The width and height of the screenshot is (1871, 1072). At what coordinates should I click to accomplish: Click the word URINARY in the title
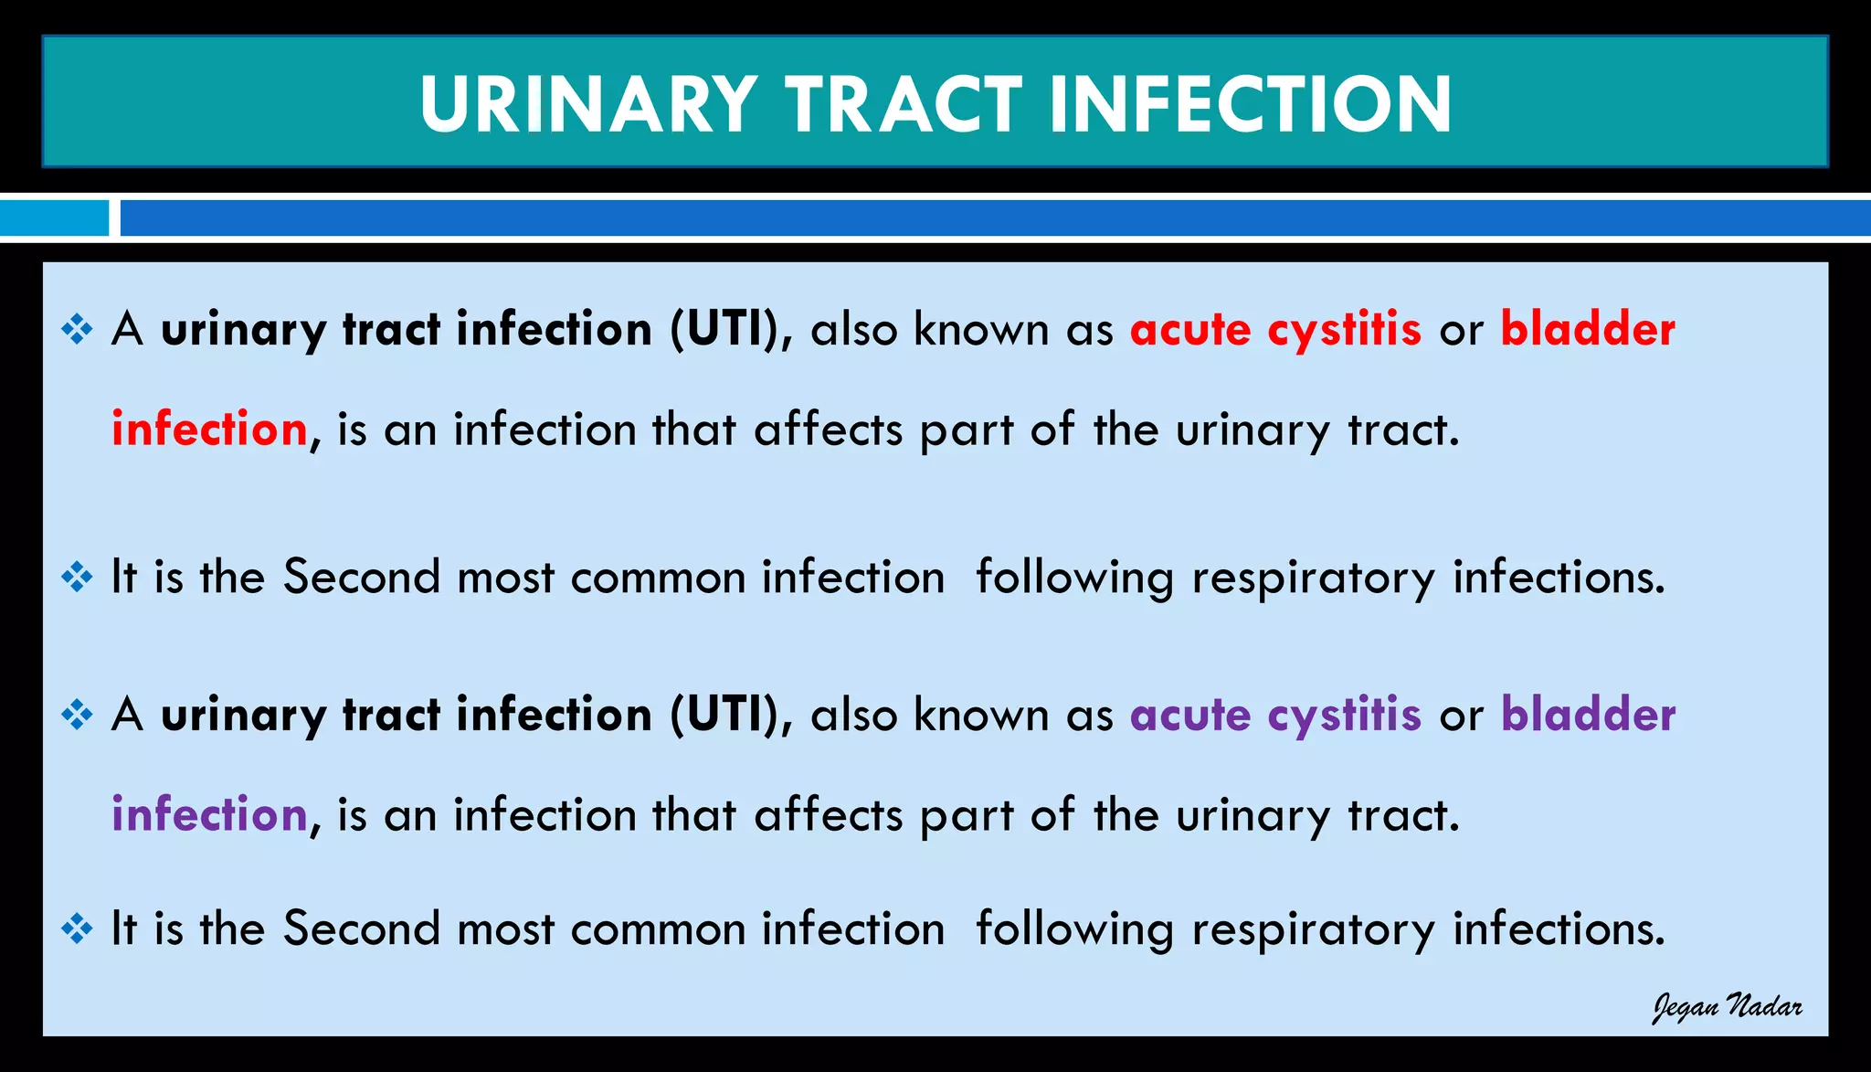pos(587,104)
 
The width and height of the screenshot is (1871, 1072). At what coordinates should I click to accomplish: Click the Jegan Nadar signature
pos(1727,1007)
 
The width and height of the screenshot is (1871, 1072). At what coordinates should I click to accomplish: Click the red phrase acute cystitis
pos(1275,330)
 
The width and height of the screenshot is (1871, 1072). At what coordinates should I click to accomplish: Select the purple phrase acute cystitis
pos(1275,716)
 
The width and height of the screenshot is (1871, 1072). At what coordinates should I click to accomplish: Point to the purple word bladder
pos(1588,714)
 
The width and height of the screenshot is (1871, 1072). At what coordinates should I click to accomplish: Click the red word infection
pos(209,429)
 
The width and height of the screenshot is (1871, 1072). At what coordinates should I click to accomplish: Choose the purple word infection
pos(209,814)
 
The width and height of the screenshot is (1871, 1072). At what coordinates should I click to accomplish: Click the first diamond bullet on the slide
pos(78,329)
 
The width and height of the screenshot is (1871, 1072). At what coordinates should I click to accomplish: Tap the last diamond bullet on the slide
pos(78,929)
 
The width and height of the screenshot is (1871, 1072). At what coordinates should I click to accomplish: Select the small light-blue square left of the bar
pos(54,218)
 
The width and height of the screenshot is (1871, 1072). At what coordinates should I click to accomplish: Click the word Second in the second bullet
pos(362,578)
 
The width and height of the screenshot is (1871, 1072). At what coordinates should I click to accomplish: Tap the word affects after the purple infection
pos(828,814)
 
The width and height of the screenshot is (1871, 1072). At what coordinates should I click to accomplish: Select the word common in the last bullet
pos(658,929)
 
